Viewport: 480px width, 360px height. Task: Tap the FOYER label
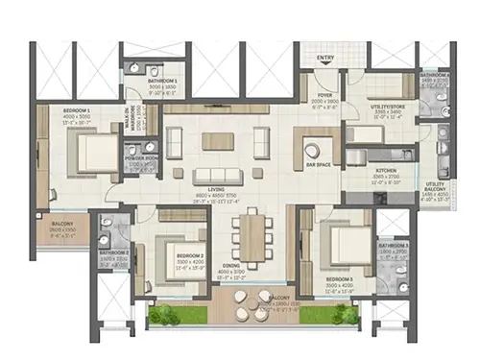(326, 95)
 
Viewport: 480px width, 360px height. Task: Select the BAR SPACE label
(317, 165)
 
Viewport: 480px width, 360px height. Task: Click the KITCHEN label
(386, 172)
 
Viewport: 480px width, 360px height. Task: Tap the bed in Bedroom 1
(94, 154)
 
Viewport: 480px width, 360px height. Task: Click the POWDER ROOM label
(142, 158)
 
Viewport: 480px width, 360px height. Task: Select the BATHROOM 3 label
(394, 248)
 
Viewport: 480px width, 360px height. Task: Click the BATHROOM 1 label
(149, 82)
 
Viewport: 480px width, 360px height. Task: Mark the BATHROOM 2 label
(113, 253)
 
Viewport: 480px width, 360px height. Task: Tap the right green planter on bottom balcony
(342, 314)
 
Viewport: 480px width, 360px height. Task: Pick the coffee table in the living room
(215, 142)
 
